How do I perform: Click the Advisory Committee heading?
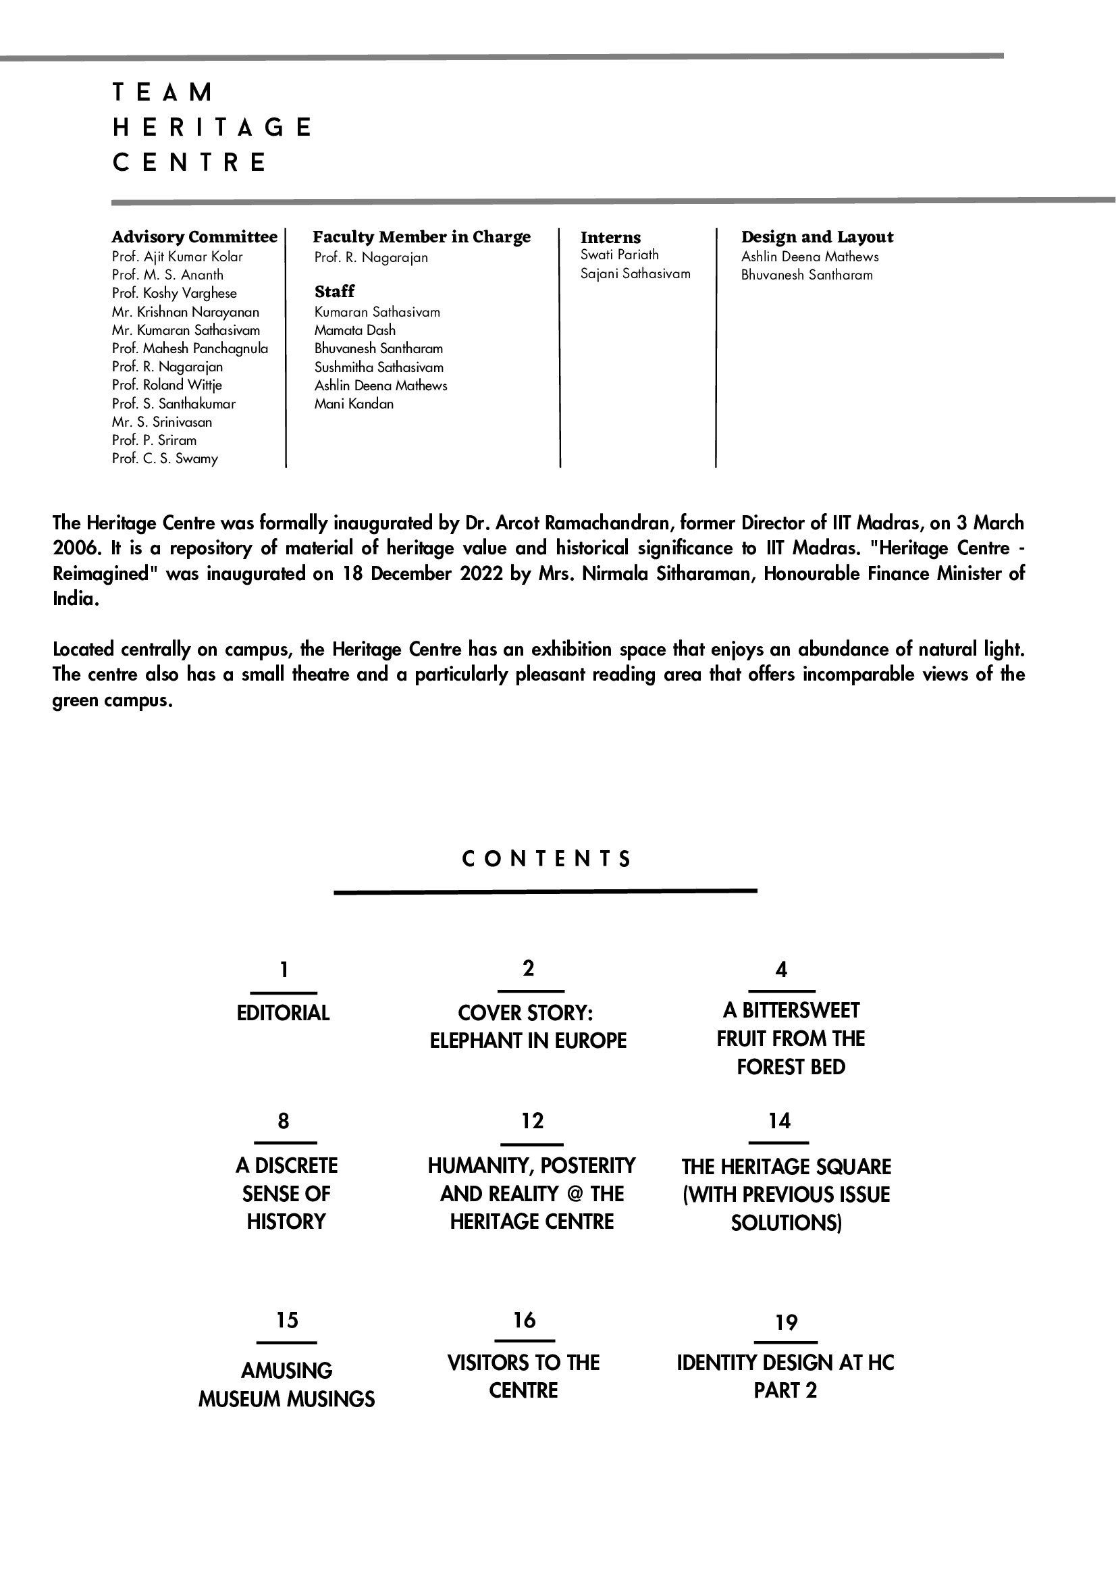194,237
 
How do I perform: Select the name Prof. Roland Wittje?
167,386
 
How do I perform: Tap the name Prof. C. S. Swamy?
165,459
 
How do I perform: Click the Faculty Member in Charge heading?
421,237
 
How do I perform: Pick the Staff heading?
334,291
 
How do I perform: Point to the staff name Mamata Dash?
354,330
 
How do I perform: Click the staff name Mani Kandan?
354,404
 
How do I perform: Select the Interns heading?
610,238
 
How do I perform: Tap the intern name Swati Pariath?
619,255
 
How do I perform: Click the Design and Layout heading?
817,237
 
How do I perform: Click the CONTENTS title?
546,859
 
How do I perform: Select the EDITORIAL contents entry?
283,1013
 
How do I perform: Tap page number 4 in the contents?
781,970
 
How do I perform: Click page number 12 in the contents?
532,1121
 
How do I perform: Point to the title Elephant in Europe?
528,1041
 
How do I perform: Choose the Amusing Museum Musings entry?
286,1385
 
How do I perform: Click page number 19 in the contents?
786,1322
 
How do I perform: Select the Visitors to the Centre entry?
523,1376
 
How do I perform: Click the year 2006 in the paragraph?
72,548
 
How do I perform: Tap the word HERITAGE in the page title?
212,128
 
